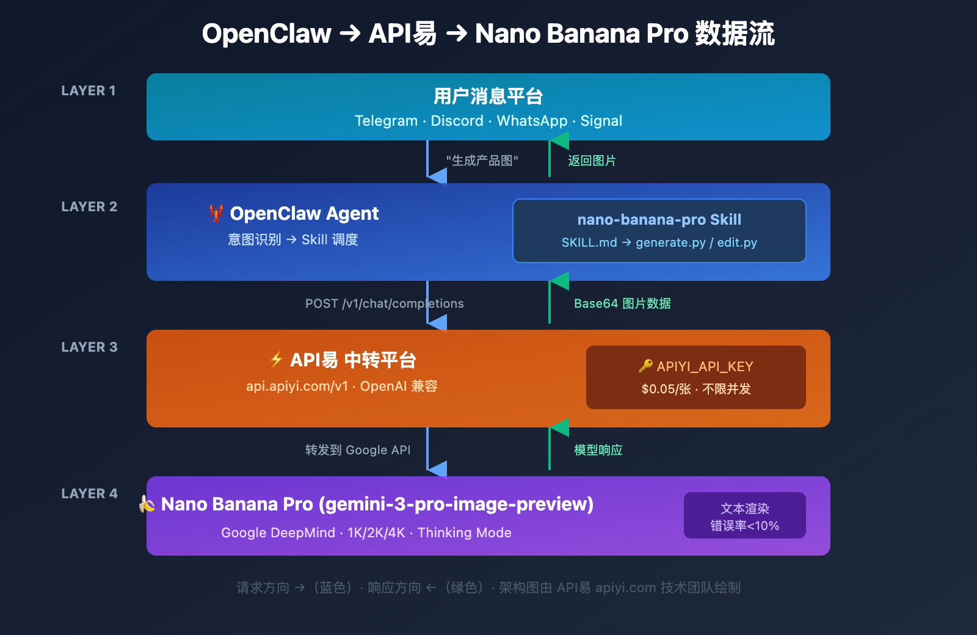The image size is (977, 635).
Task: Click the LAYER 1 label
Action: [x=89, y=91]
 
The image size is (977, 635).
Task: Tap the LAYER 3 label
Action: [x=89, y=347]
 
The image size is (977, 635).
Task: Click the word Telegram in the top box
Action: [x=386, y=121]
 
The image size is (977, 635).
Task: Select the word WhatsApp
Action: [x=532, y=121]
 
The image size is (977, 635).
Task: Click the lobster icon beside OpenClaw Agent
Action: [x=216, y=213]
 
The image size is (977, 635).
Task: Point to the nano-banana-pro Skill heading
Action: [x=659, y=220]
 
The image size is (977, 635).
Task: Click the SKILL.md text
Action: [x=589, y=243]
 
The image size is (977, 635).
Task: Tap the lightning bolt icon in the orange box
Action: [x=277, y=360]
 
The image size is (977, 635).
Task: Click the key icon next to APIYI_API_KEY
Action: [x=645, y=366]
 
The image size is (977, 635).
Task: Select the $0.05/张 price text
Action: [x=666, y=390]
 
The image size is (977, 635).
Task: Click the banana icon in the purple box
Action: [x=147, y=504]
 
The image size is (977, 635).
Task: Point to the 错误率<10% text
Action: [x=744, y=526]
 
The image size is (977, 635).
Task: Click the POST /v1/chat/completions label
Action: [x=384, y=303]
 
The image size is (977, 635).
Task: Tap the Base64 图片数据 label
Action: [x=622, y=303]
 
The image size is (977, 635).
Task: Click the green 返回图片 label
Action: [x=592, y=161]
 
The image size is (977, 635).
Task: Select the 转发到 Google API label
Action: [x=358, y=450]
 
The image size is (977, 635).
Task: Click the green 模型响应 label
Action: [x=598, y=450]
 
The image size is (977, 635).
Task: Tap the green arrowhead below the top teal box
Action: [x=559, y=141]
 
